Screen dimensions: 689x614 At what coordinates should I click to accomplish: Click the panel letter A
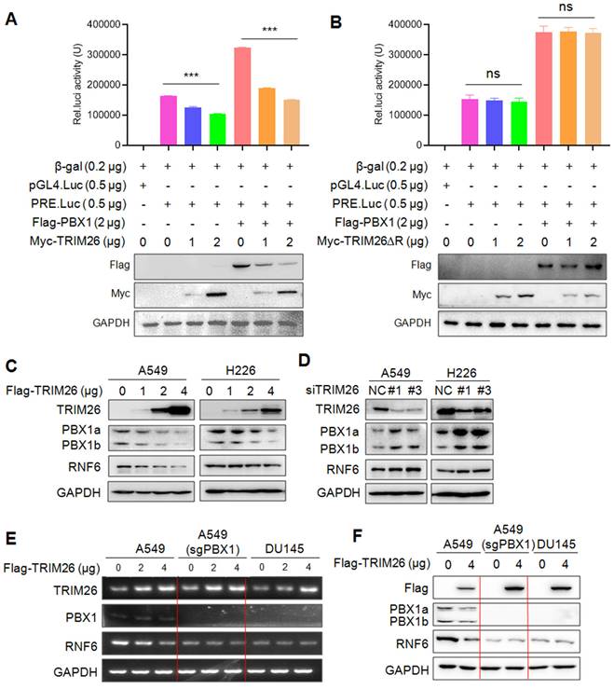11,14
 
